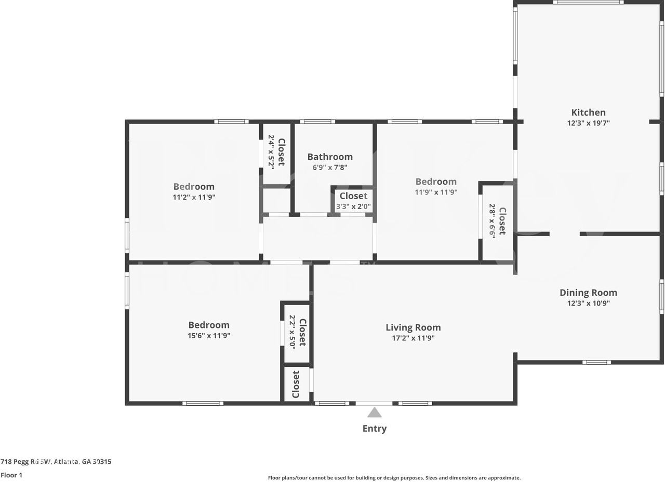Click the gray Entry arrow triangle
pos(375,412)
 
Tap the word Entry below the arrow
pos(375,429)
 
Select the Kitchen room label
pos(589,113)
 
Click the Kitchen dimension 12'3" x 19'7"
pos(589,123)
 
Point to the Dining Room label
pos(589,293)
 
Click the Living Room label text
pos(413,327)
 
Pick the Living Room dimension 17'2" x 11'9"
pos(413,338)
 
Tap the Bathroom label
pos(330,157)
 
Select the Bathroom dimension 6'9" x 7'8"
pos(330,167)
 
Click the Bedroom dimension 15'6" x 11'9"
pos(209,336)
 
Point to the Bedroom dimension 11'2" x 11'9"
pos(194,197)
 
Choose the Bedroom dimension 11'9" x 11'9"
pos(436,192)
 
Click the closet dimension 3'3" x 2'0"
pos(353,206)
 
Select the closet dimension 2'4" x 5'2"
pos(271,152)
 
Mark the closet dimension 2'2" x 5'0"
pos(292,332)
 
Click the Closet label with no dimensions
pos(296,384)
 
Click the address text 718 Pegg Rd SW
pos(26,462)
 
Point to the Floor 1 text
pos(11,475)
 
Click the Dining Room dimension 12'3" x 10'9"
pos(589,303)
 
